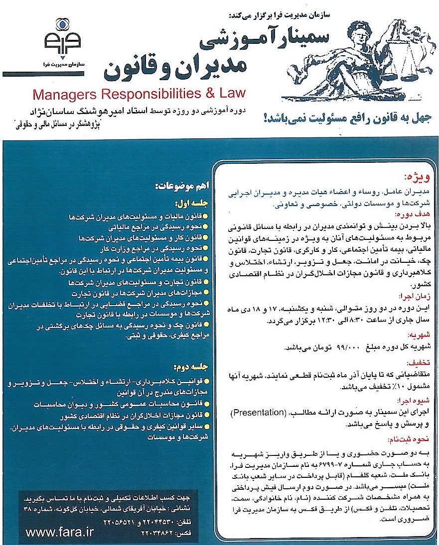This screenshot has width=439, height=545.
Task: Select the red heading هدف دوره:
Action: pos(411,214)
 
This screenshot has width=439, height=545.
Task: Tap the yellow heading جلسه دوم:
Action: pos(189,367)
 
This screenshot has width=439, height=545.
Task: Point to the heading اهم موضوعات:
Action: pos(179,187)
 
